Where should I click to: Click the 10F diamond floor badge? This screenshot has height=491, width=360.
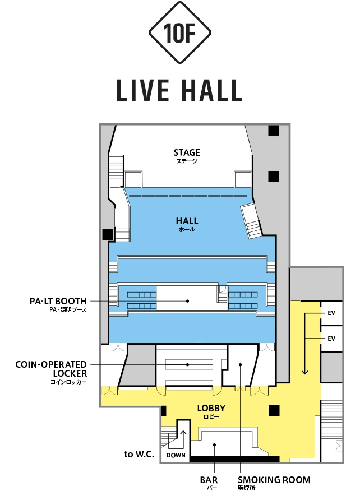pyautogui.click(x=180, y=33)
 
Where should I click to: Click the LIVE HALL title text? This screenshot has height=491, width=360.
pyautogui.click(x=179, y=90)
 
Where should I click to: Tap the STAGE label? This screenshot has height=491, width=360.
pyautogui.click(x=187, y=152)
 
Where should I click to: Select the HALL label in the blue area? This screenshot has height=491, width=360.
pyautogui.click(x=187, y=221)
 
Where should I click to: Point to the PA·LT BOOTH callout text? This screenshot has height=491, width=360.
pyautogui.click(x=58, y=301)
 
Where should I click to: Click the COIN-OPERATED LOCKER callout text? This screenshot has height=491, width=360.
pyautogui.click(x=52, y=369)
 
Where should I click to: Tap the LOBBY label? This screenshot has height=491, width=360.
pyautogui.click(x=211, y=408)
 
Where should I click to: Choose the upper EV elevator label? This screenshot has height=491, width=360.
pyautogui.click(x=331, y=313)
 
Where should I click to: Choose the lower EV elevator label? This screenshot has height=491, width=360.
pyautogui.click(x=331, y=339)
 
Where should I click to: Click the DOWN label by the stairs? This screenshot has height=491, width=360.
pyautogui.click(x=176, y=455)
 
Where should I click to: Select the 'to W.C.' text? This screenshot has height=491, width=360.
pyautogui.click(x=139, y=454)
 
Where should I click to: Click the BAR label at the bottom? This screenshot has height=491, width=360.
pyautogui.click(x=209, y=480)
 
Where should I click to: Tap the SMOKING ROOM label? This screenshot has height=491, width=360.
pyautogui.click(x=274, y=480)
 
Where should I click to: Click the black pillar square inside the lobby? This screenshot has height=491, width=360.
pyautogui.click(x=274, y=410)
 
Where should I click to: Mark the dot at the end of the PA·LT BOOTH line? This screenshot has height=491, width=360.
pyautogui.click(x=187, y=301)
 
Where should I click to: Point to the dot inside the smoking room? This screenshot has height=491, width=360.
pyautogui.click(x=241, y=364)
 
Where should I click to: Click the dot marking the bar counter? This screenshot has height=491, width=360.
pyautogui.click(x=215, y=444)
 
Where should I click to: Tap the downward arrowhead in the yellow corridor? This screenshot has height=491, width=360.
pyautogui.click(x=304, y=372)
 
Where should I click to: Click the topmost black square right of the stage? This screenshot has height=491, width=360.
pyautogui.click(x=274, y=131)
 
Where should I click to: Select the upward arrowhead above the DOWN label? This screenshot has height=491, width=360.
pyautogui.click(x=183, y=434)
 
